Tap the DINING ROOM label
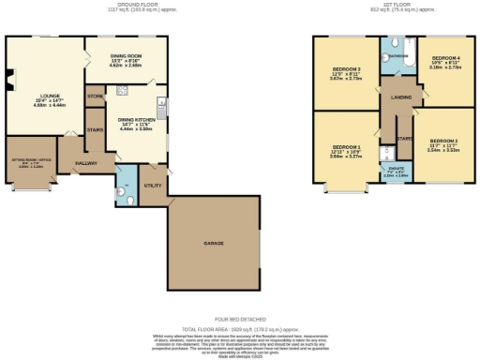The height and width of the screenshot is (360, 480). pos(125,59)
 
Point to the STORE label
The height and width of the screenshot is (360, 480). pos(94,97)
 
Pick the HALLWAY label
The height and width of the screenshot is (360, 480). pos(85,162)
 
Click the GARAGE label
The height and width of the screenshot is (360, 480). pos(213,244)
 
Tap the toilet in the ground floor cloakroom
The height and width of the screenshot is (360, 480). pos(127,194)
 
